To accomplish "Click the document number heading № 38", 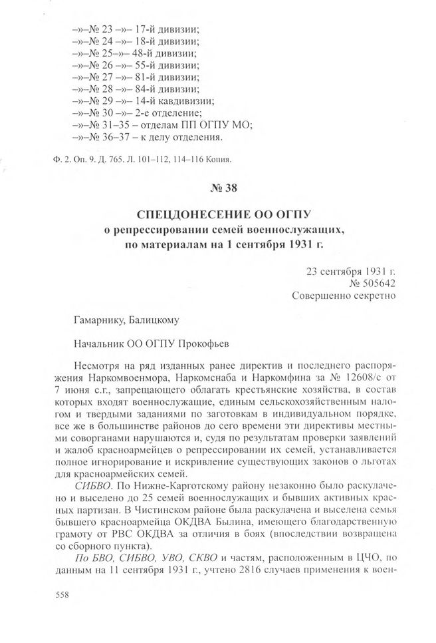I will click(217, 187).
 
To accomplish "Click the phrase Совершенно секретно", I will click(344, 296).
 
